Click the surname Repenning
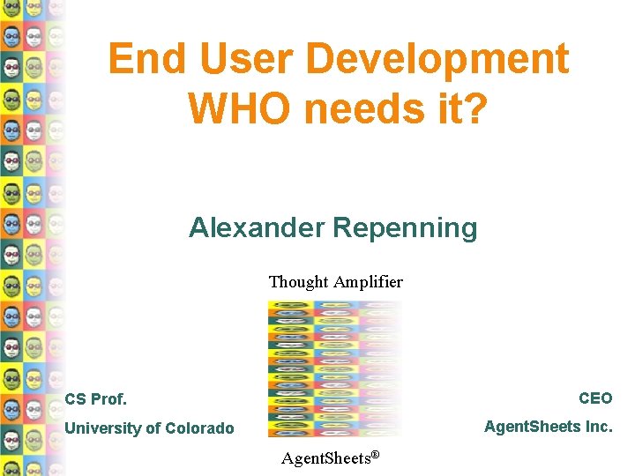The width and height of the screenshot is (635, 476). click(x=405, y=228)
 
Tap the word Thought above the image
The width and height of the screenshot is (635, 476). click(x=298, y=282)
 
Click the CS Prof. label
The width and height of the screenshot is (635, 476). click(x=96, y=399)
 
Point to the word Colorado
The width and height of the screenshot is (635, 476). click(x=199, y=428)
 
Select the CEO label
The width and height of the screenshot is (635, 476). click(x=595, y=398)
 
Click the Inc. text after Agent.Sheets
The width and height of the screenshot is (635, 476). click(x=598, y=427)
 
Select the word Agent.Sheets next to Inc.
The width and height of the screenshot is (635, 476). click(x=532, y=427)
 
